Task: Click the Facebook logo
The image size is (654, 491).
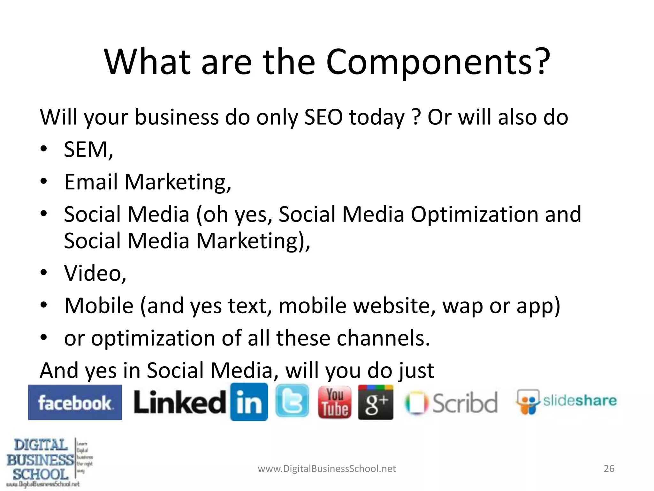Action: click(75, 402)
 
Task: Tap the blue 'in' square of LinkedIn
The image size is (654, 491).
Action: click(249, 402)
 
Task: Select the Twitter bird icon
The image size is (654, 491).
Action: click(292, 401)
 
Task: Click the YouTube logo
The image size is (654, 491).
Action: click(334, 402)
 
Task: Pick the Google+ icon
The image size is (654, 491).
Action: click(376, 402)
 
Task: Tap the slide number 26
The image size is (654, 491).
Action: click(609, 469)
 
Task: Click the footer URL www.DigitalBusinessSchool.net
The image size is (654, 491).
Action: click(327, 469)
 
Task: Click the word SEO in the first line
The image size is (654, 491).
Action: click(323, 117)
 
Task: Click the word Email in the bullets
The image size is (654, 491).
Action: click(91, 182)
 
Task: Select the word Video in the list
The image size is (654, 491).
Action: click(93, 273)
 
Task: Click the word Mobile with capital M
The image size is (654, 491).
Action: click(99, 306)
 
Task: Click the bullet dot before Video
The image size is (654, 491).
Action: click(44, 273)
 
